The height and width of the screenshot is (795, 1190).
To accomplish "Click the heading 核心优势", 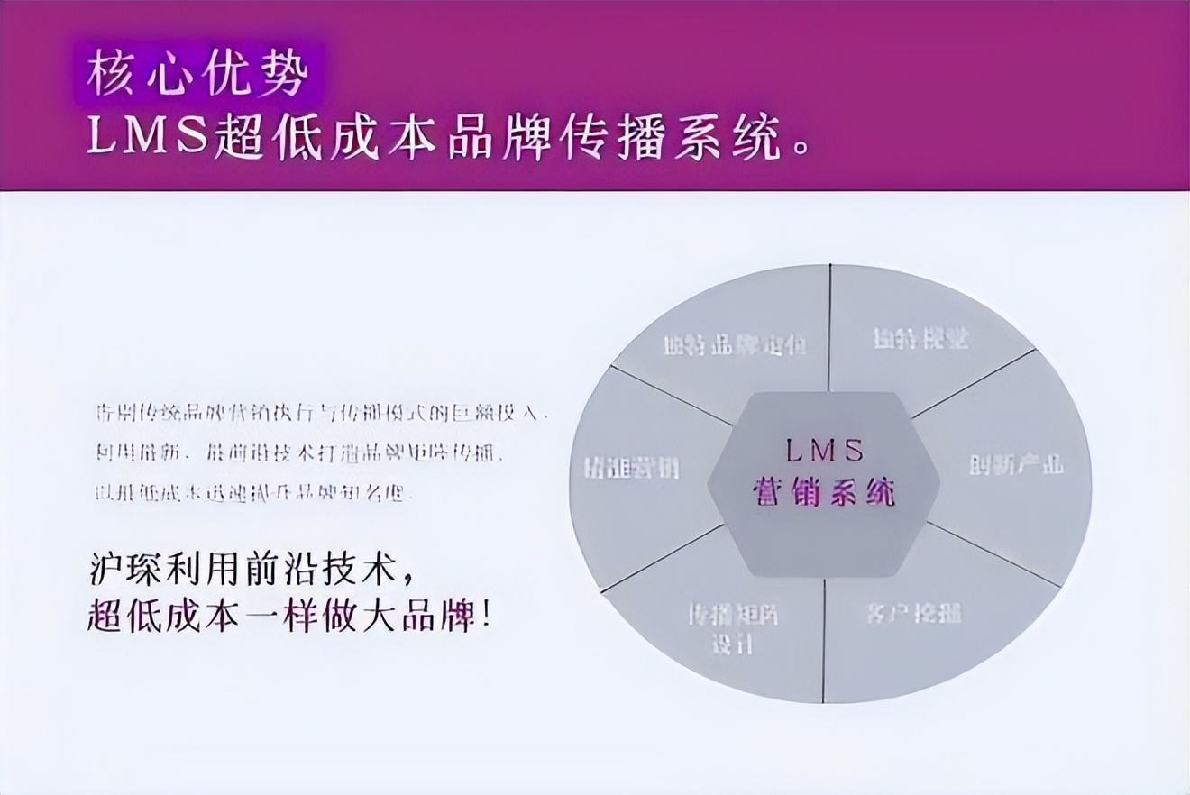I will click(197, 74).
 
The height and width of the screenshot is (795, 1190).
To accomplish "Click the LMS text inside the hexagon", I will click(824, 448).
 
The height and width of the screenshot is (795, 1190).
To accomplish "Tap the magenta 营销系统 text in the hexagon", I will click(824, 493).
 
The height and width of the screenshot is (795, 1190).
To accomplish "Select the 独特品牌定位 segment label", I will click(734, 345).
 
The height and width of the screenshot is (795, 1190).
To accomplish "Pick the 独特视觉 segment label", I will click(920, 339).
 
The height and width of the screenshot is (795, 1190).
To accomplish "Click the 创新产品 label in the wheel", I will click(1016, 464).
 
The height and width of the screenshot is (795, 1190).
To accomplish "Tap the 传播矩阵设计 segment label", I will click(732, 629).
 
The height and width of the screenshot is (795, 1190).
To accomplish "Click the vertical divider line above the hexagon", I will click(829, 329).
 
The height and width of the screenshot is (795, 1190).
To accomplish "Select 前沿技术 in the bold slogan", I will click(323, 571).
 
